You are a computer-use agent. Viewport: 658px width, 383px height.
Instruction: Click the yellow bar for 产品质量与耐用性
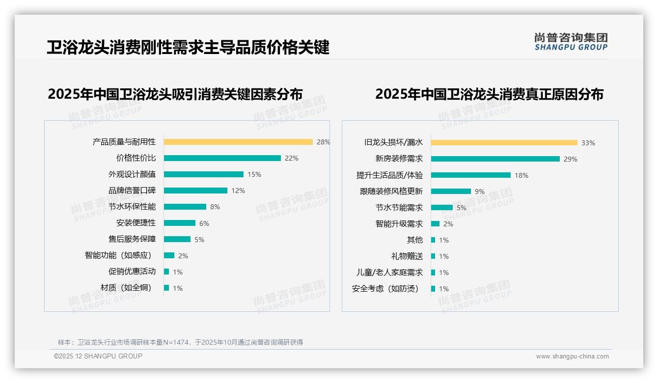tap(238, 142)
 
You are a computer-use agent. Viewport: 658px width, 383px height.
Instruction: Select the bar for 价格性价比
tap(222, 158)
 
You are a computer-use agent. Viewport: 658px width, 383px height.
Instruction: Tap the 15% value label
tap(254, 174)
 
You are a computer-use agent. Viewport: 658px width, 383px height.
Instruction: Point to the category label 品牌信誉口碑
tap(132, 191)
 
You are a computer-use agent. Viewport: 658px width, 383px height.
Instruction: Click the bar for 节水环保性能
tap(185, 207)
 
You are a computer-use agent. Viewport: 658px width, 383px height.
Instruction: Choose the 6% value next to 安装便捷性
tap(204, 223)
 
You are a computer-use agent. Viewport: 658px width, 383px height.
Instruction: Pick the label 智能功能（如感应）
tap(118, 255)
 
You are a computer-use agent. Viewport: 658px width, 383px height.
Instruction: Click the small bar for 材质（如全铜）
tap(166, 288)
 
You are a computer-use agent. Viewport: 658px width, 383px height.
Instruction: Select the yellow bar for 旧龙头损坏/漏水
tap(504, 143)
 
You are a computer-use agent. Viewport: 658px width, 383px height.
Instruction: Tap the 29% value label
tap(571, 159)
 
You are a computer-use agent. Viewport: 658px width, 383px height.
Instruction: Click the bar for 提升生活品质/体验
tap(470, 175)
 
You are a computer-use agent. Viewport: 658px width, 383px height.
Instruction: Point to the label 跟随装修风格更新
tap(391, 191)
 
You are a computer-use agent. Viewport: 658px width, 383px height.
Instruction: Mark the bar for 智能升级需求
tap(435, 224)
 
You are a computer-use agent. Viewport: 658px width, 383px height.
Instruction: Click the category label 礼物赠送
tap(407, 256)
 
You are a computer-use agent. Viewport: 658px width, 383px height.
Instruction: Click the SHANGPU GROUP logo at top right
tap(571, 42)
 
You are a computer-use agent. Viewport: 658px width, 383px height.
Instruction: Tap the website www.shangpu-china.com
tap(572, 356)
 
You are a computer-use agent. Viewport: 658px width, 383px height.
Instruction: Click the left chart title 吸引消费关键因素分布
tap(175, 94)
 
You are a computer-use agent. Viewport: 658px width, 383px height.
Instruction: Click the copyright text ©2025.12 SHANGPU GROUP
tap(98, 356)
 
